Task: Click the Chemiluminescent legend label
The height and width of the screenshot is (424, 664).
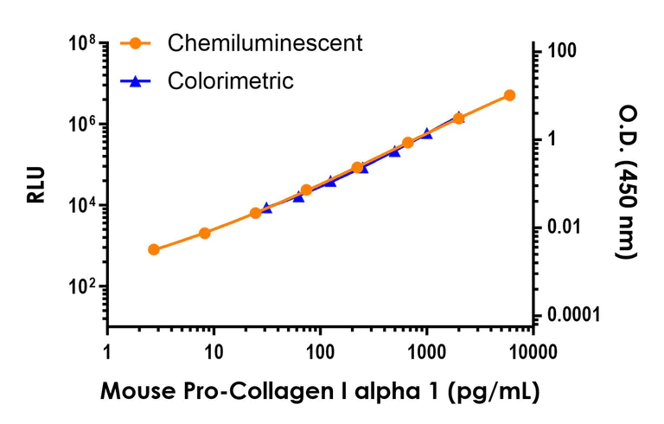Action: click(265, 42)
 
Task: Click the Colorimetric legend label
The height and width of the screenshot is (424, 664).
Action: click(231, 81)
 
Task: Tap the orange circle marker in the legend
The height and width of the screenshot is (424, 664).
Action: click(135, 42)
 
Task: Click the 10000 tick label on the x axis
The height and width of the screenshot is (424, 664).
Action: click(532, 354)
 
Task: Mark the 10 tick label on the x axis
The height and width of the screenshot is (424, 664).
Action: click(214, 354)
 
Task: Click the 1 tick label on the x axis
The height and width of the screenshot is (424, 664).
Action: click(107, 354)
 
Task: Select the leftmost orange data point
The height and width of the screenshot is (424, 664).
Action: click(154, 249)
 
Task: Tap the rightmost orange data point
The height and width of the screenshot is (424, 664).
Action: click(509, 95)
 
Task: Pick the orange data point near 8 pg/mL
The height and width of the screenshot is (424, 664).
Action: click(205, 233)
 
